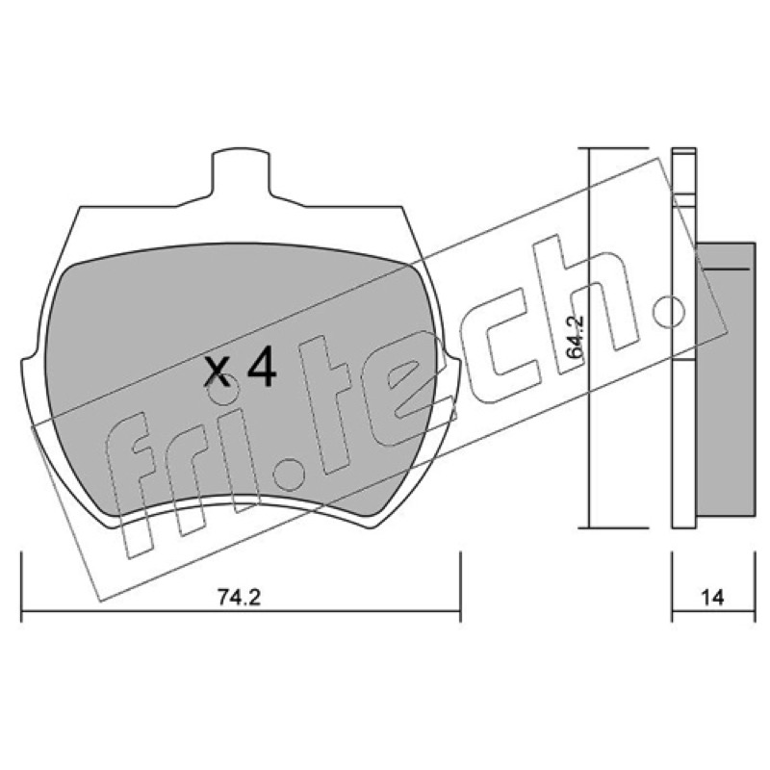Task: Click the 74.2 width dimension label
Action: point(239,598)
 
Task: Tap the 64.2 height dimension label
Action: point(574,340)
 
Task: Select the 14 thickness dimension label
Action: point(712,598)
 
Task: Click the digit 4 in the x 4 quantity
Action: point(262,367)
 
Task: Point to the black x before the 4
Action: point(218,372)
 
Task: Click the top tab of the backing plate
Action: point(241,173)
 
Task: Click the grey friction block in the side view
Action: point(726,378)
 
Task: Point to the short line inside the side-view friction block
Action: point(727,269)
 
